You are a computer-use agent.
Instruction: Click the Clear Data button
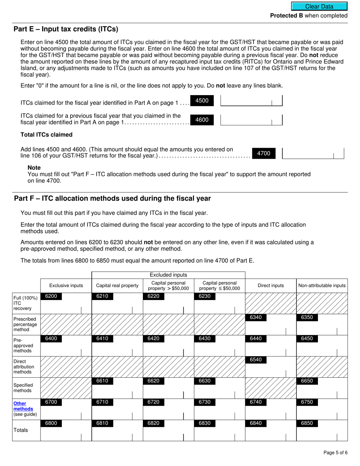[x=319, y=6]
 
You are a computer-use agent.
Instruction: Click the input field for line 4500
[x=251, y=101]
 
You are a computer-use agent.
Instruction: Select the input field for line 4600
[x=251, y=120]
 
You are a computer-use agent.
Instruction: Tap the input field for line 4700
[x=313, y=153]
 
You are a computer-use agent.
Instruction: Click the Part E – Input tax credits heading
[x=66, y=29]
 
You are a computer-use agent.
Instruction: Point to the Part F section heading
[x=112, y=199]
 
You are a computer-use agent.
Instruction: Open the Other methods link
[x=23, y=406]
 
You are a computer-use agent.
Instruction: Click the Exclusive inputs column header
[x=66, y=286]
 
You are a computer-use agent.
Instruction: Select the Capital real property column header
[x=117, y=286]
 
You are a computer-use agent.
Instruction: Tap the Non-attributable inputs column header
[x=322, y=286]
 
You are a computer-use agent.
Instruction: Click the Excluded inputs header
[x=168, y=275]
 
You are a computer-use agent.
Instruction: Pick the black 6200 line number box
[x=51, y=296]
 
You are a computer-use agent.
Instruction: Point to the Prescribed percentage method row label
[x=26, y=324]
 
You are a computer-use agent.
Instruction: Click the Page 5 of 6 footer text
[x=335, y=453]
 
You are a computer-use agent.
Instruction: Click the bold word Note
[x=34, y=167]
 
